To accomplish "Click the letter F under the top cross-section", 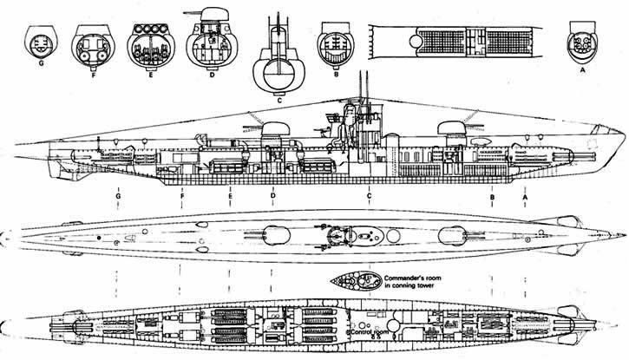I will [x=91, y=64].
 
